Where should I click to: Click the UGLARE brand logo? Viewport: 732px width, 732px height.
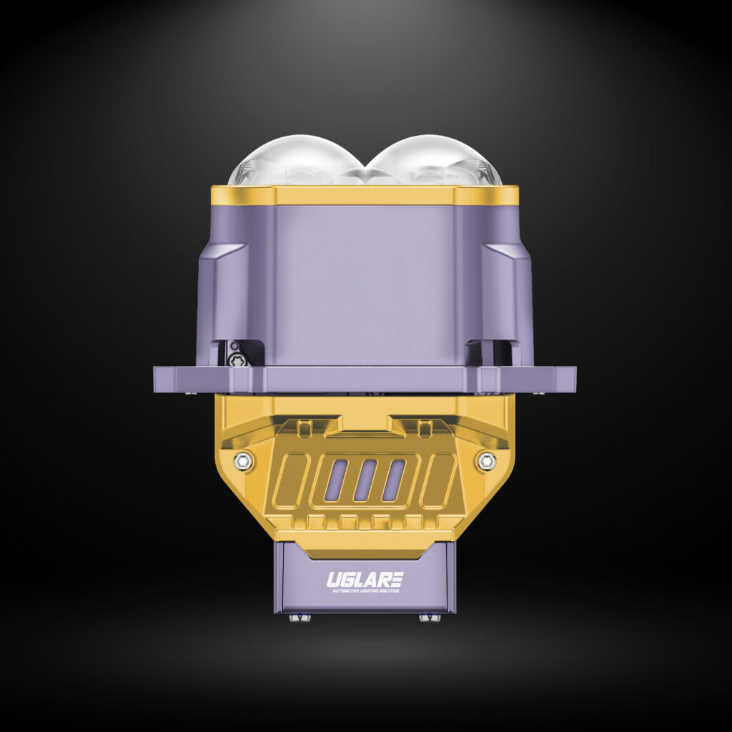(365, 578)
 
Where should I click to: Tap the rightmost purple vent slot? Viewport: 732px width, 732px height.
(393, 480)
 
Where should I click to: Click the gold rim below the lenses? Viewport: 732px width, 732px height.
(365, 195)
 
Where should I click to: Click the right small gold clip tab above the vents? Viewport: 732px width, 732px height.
(425, 428)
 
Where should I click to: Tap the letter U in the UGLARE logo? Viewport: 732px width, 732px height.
(332, 578)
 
